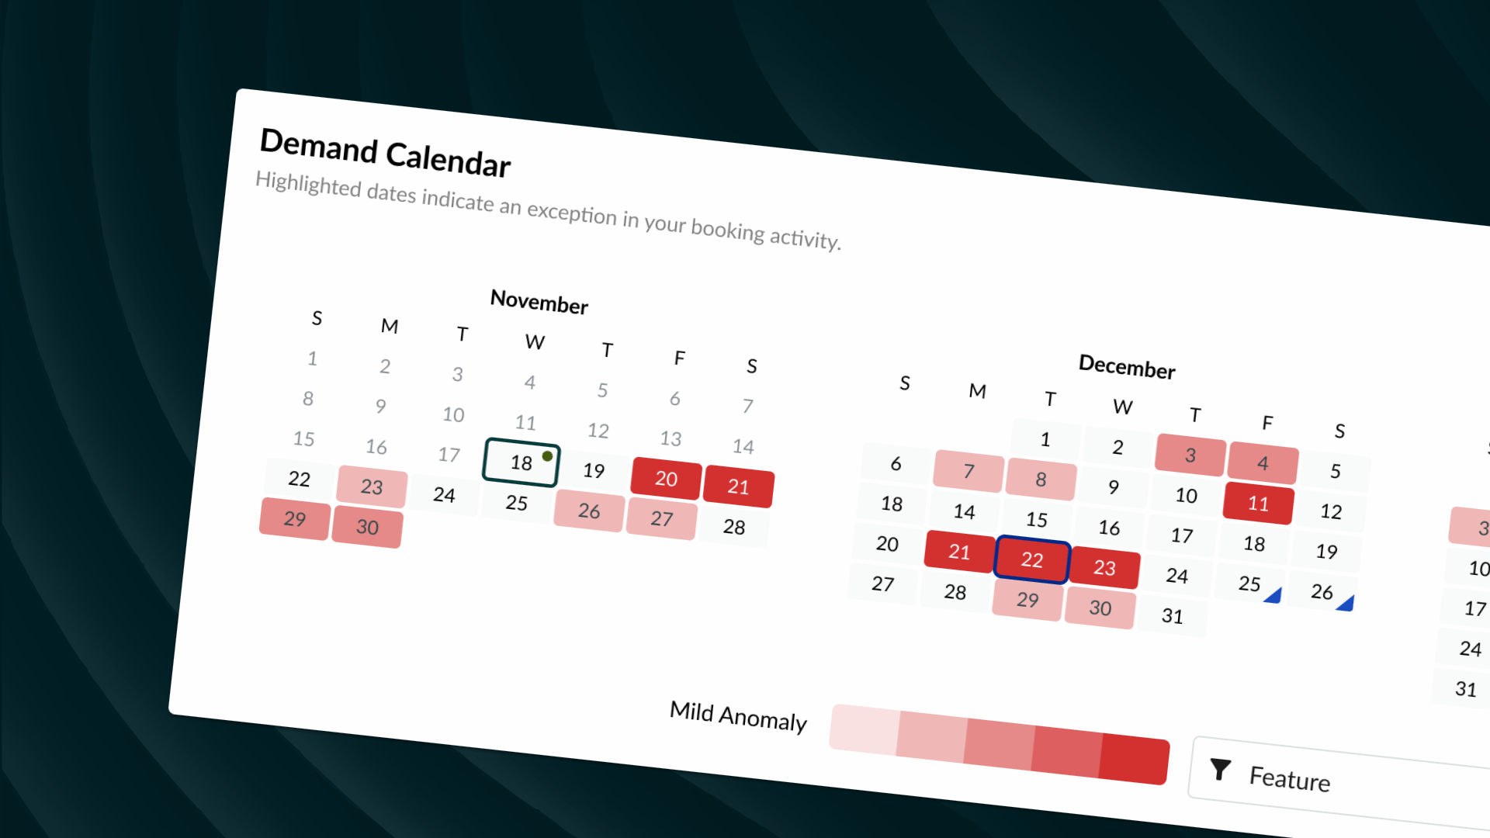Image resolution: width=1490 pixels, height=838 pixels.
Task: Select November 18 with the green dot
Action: [521, 462]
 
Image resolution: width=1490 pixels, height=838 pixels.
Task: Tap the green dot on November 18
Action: [547, 456]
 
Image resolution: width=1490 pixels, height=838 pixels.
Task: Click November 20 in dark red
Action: [666, 478]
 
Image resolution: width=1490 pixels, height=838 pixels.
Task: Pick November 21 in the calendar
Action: [738, 487]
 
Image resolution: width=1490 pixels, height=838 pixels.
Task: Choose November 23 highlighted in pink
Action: [372, 487]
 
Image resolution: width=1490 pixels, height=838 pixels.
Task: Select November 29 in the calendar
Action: [295, 518]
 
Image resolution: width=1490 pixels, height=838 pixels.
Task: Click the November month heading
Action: [539, 302]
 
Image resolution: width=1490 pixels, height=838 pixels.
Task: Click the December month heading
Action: [1127, 366]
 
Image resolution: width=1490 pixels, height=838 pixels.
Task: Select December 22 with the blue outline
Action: [1031, 559]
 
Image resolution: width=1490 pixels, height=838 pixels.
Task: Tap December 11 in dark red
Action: [1258, 504]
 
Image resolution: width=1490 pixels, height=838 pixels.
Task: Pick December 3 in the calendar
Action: [1190, 455]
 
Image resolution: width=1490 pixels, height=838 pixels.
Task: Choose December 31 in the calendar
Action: [1172, 616]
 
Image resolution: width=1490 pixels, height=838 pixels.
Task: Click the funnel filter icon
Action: [1221, 769]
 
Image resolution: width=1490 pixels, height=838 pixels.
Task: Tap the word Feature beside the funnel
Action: [1290, 777]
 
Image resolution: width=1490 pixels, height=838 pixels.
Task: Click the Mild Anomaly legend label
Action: [738, 716]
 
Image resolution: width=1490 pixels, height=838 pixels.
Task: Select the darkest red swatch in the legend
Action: [1135, 759]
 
